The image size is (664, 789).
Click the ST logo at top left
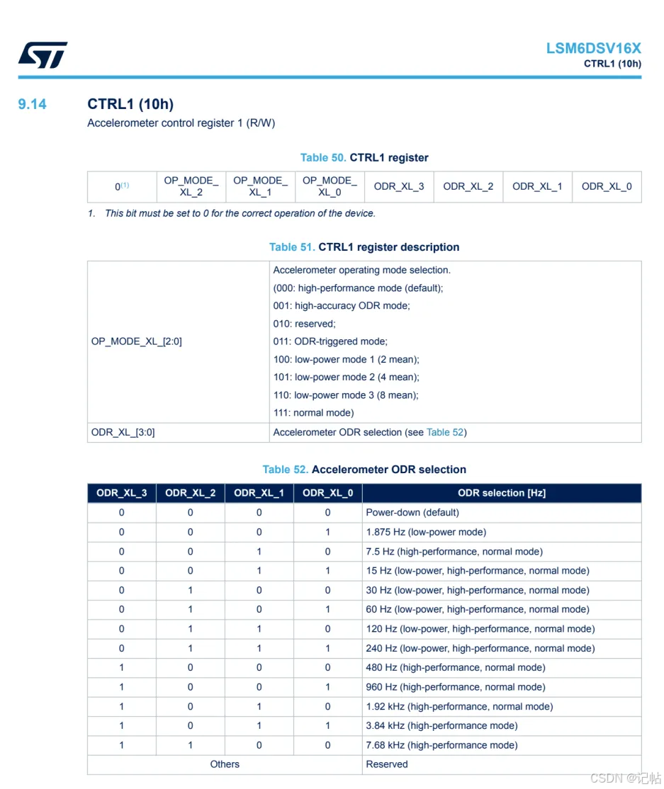[43, 55]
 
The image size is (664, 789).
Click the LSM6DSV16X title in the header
[593, 48]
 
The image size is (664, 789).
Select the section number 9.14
[32, 104]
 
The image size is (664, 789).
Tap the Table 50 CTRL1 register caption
[364, 157]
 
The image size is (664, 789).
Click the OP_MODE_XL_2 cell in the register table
[191, 186]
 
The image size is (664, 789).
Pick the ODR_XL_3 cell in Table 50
[399, 186]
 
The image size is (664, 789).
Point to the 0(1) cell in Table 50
[122, 186]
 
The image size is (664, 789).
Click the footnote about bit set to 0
[234, 213]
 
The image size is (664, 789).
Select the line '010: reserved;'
[305, 324]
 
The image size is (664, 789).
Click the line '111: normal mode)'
[313, 412]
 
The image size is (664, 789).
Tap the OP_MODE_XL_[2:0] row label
[137, 341]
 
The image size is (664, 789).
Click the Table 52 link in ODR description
[445, 432]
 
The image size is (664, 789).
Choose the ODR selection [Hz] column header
[501, 493]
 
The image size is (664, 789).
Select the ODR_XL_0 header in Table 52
[327, 493]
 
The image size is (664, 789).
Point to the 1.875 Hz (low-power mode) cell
[426, 532]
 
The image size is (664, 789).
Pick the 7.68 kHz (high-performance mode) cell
[441, 745]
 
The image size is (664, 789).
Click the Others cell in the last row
[225, 764]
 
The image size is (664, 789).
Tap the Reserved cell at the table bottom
[387, 764]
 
